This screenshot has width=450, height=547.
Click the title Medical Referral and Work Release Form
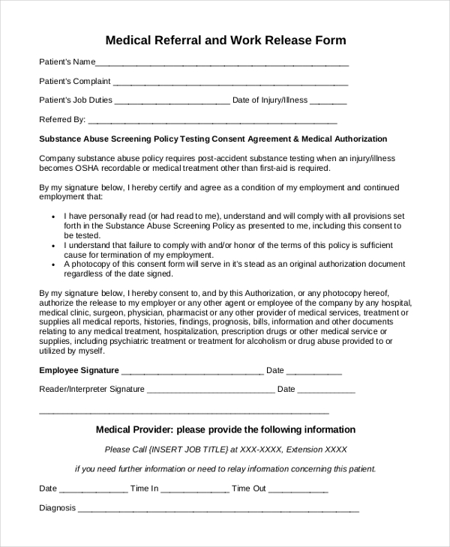225,40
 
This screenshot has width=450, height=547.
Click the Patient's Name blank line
222,64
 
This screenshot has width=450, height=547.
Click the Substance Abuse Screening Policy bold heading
213,139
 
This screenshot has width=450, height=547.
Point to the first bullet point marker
54,215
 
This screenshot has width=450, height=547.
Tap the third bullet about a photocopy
225,269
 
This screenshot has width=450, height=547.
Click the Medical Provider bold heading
225,430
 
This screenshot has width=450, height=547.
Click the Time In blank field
194,491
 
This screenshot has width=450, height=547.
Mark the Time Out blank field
298,491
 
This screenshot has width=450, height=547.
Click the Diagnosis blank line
218,510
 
